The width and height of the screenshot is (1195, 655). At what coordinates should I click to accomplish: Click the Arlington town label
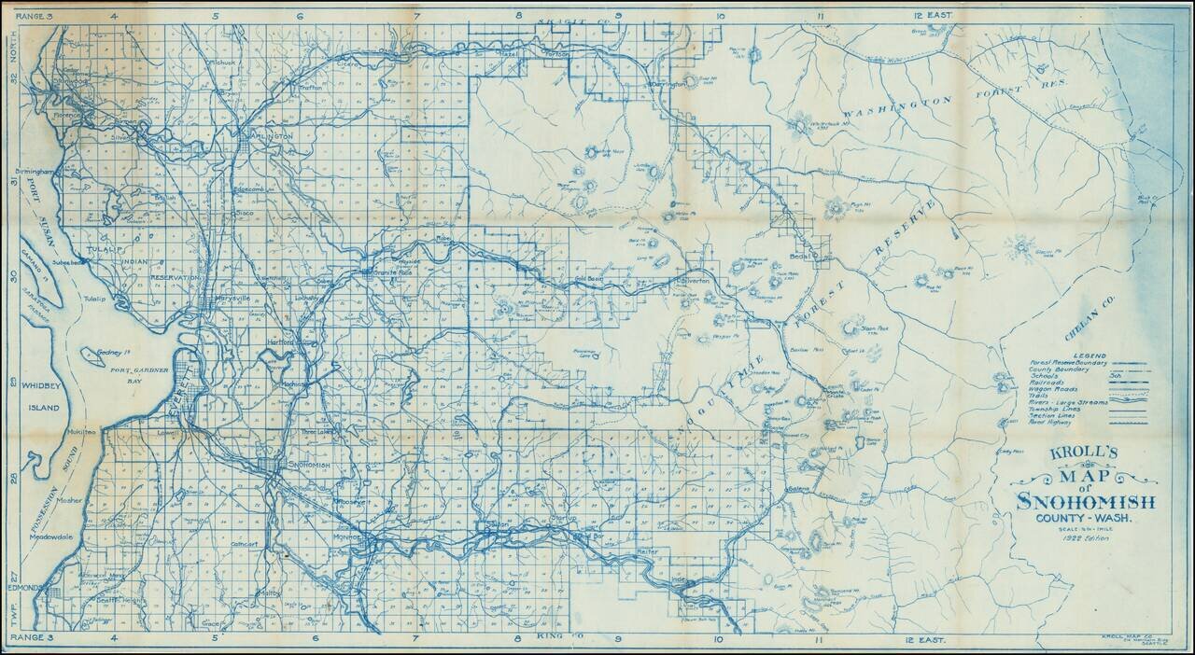tap(271, 136)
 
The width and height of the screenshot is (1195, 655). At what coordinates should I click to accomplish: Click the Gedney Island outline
tap(96, 355)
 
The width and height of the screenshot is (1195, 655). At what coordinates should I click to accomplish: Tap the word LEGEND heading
tap(1090, 355)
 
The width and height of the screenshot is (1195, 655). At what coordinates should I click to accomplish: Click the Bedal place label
tap(801, 254)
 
